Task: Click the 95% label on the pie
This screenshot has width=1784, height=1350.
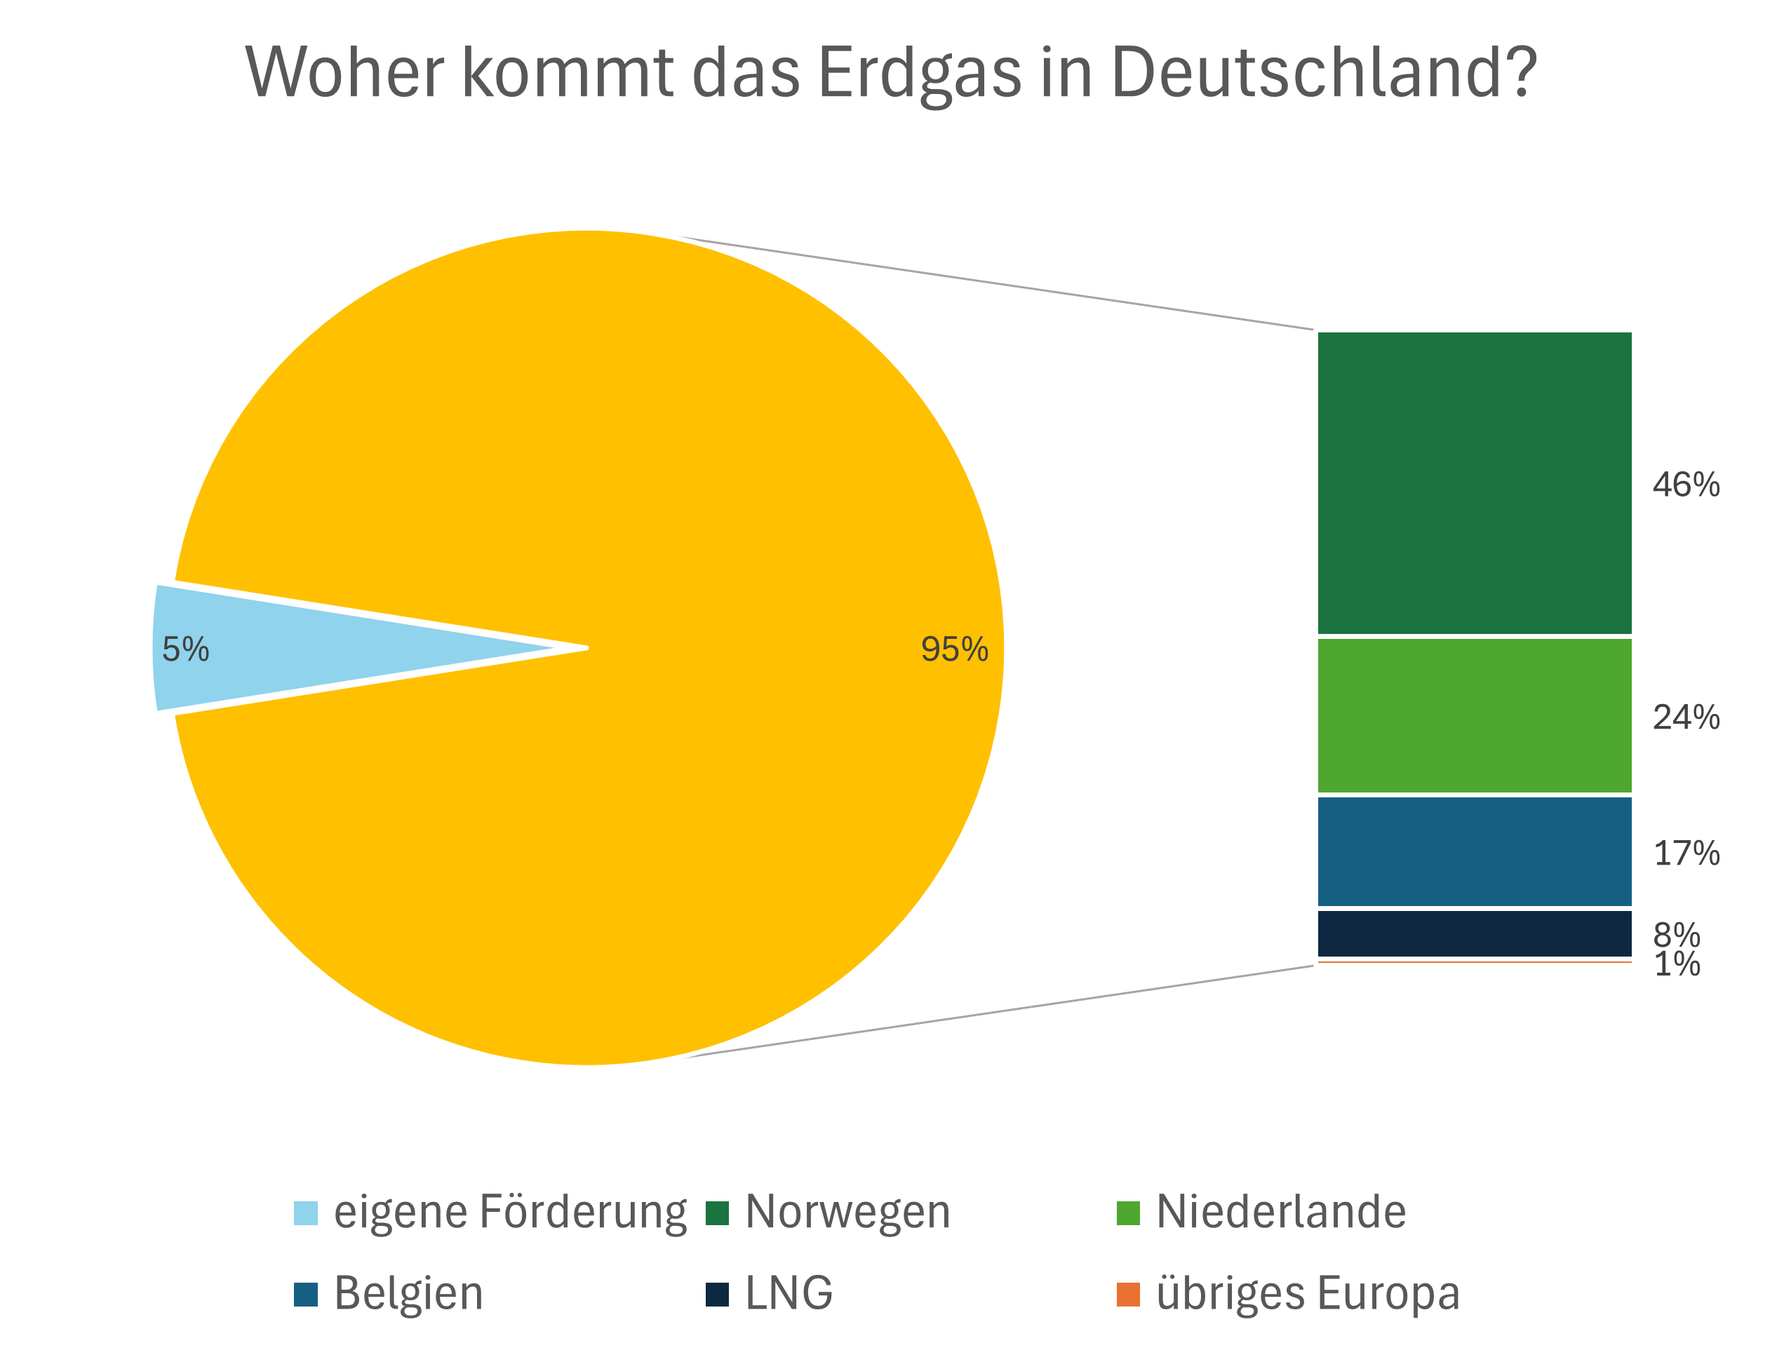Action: tap(954, 649)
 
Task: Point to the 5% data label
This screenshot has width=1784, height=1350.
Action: tap(185, 649)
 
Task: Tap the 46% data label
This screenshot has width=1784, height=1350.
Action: tap(1686, 485)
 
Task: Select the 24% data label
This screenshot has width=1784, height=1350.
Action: tap(1686, 717)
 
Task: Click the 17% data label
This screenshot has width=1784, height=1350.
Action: tap(1686, 853)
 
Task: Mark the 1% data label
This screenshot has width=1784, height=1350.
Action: tap(1677, 964)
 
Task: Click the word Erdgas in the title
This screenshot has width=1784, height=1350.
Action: tap(920, 72)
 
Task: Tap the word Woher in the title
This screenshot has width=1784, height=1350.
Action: tap(344, 72)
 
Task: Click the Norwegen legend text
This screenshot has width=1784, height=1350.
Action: tap(847, 1212)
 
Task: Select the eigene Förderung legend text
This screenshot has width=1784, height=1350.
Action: tap(510, 1212)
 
